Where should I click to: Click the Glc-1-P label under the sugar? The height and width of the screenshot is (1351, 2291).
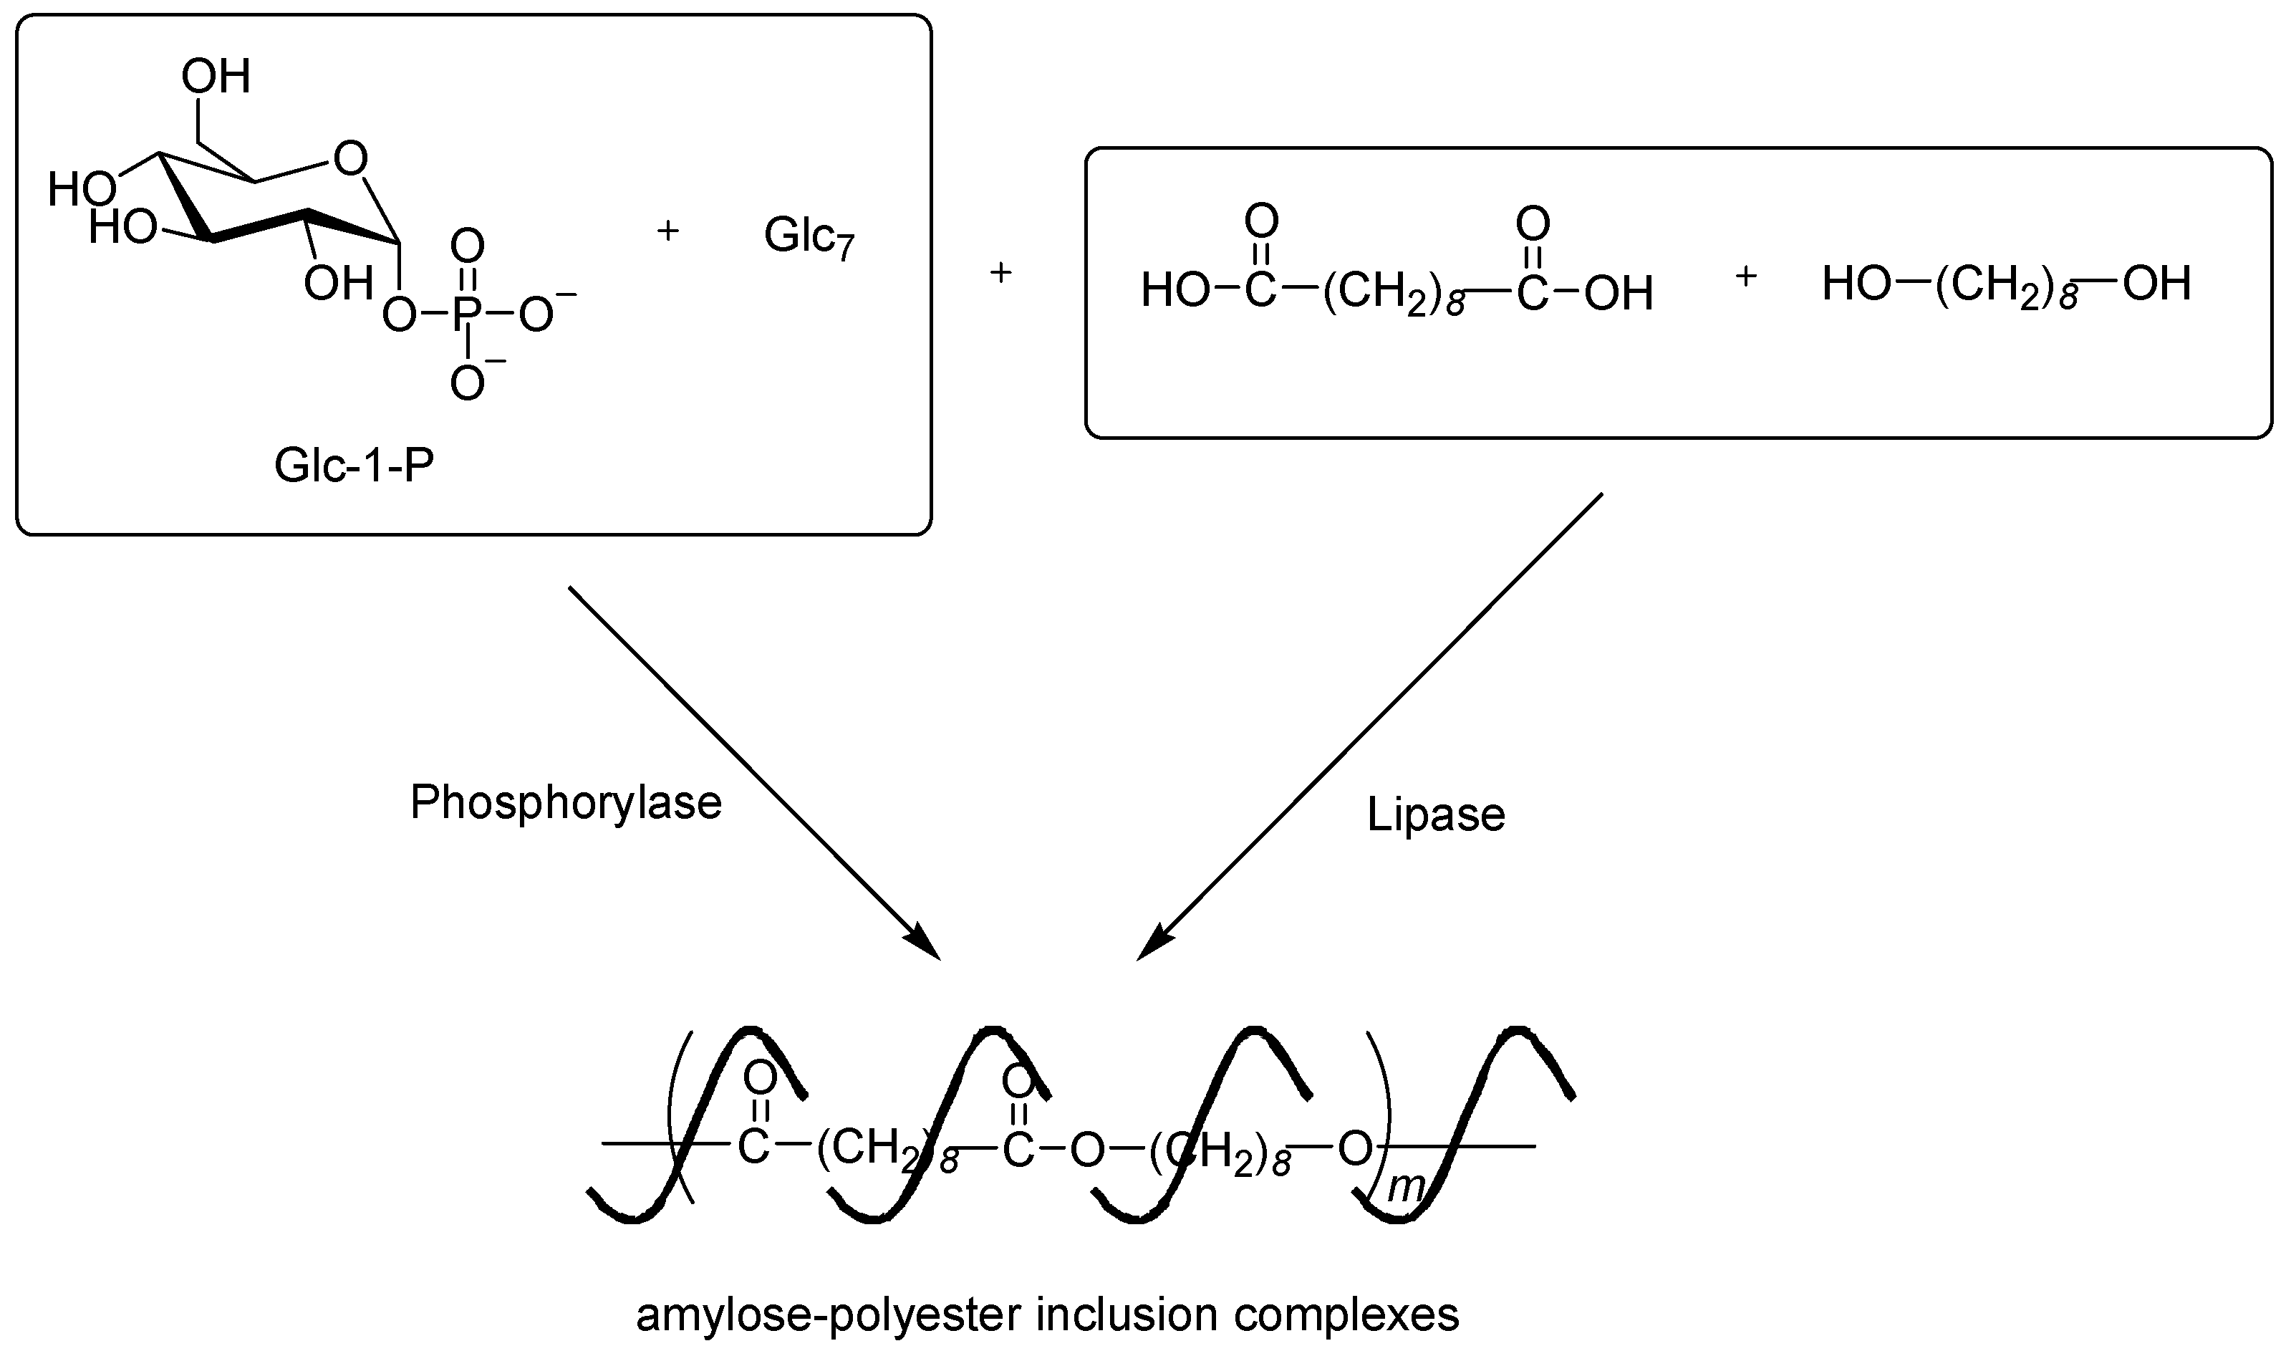[354, 467]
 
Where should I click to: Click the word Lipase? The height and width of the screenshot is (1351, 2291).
[1435, 814]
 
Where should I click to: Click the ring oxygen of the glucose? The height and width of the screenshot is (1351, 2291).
[350, 158]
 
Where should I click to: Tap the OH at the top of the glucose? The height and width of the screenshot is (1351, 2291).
[216, 77]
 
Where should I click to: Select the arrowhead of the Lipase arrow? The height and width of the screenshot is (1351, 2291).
[1152, 944]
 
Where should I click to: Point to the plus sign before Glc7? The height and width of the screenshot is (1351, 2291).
[667, 231]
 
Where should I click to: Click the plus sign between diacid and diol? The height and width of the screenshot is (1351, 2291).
[1745, 277]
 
